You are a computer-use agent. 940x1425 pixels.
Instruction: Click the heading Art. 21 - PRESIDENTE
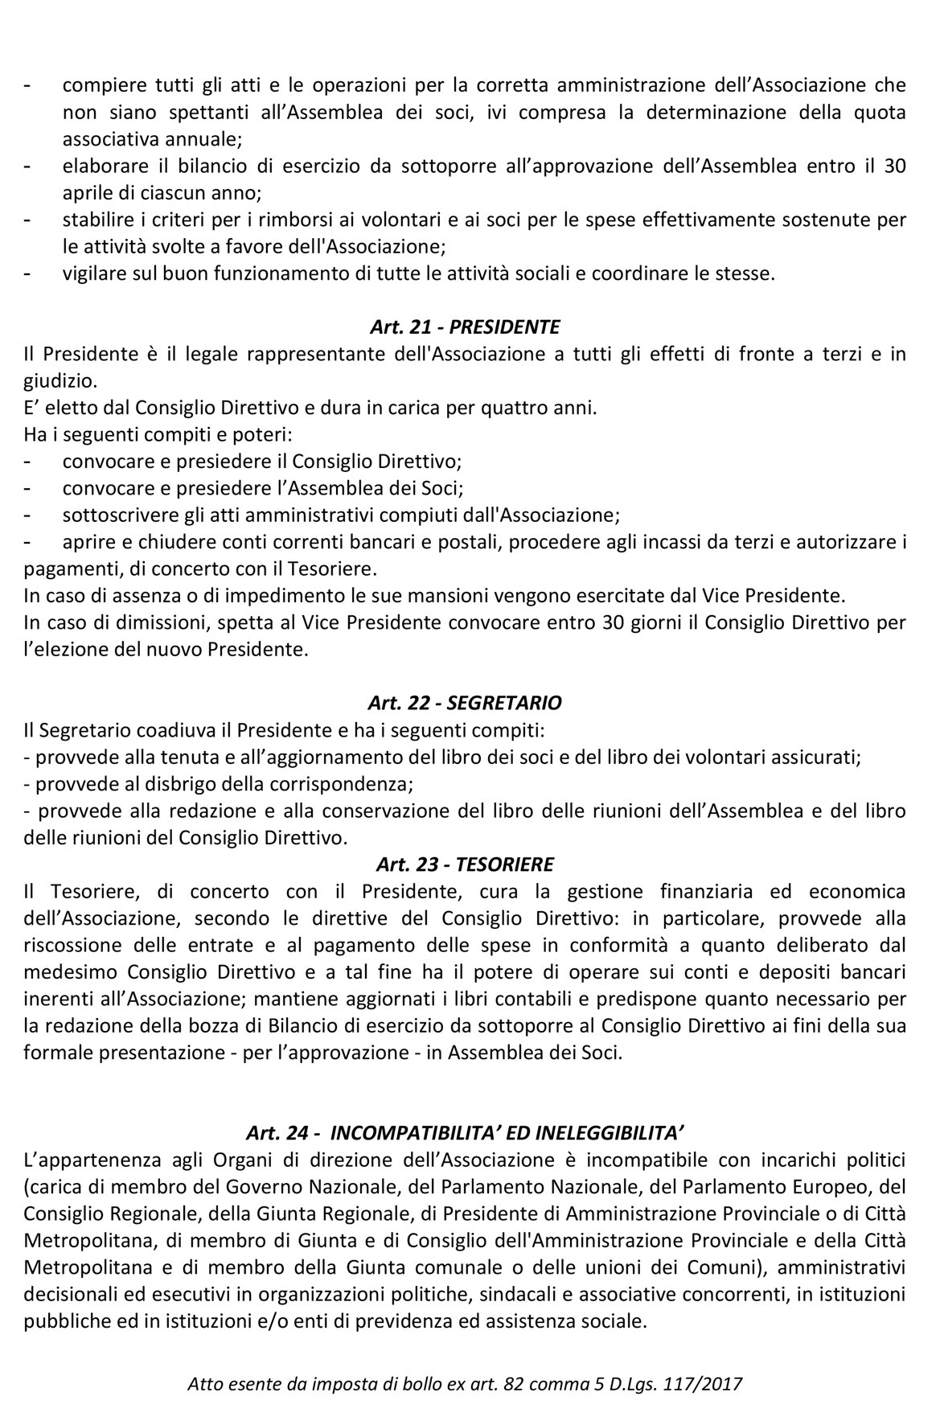coord(465,326)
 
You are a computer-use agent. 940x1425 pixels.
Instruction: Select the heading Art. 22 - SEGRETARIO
coord(465,702)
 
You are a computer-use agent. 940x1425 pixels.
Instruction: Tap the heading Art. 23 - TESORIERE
coord(465,864)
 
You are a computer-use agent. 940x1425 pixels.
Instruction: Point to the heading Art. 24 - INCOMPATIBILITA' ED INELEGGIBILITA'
coord(465,1134)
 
